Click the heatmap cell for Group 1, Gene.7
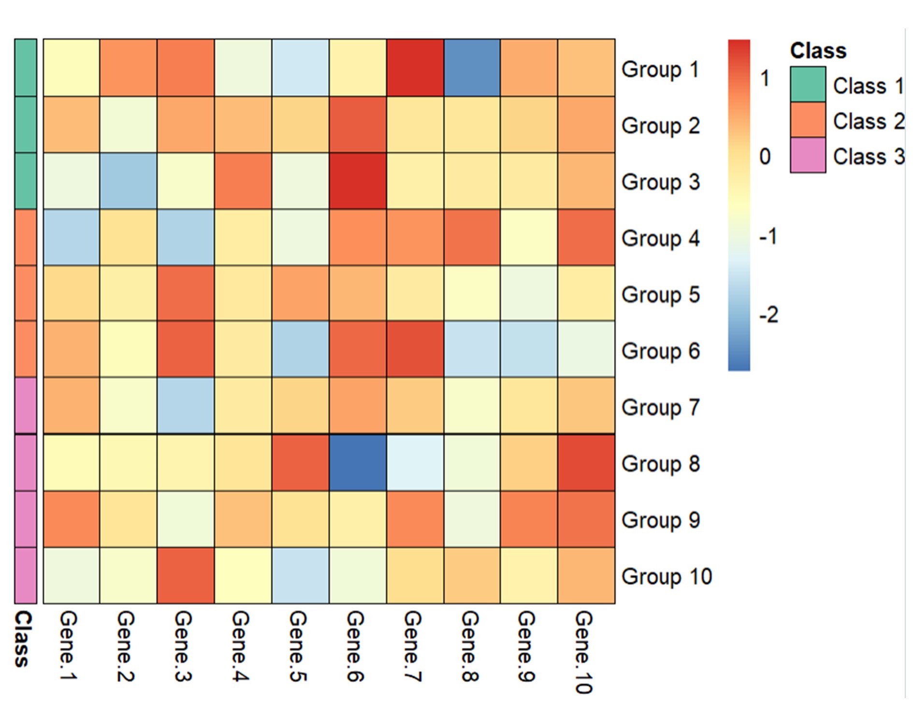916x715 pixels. coord(415,68)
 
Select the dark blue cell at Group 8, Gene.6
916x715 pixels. coord(358,463)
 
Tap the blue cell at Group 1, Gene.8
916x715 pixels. coord(472,68)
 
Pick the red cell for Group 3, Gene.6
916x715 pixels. coord(358,181)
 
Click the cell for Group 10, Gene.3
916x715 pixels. coord(186,575)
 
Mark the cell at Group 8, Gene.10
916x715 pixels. coord(586,463)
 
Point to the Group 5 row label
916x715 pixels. coord(660,295)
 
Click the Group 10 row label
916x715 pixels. coord(666,576)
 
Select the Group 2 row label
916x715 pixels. coord(660,126)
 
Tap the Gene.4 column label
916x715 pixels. coord(240,646)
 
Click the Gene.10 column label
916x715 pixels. coord(583,652)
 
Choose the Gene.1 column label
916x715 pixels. coord(68,646)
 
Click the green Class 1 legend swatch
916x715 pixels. coord(808,85)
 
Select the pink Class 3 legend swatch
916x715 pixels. coord(808,155)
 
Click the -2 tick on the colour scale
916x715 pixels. coord(769,315)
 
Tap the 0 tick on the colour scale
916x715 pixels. coord(765,157)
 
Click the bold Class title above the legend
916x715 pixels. coord(818,51)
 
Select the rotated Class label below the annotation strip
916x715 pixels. coord(23,639)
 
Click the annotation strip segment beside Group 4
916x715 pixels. coord(26,237)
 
